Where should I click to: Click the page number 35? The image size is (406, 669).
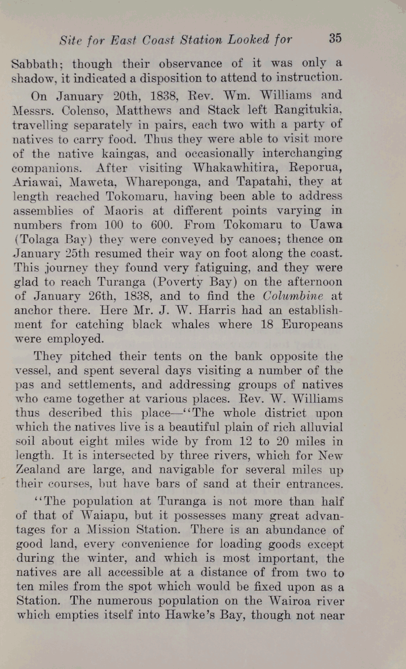[335, 39]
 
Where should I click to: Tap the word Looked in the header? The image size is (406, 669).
[249, 40]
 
